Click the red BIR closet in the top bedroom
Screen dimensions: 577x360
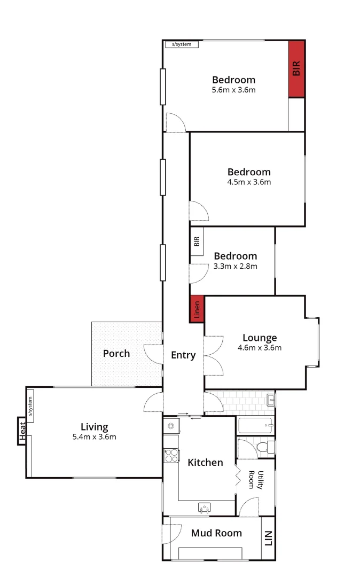(296, 69)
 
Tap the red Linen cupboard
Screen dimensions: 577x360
(197, 309)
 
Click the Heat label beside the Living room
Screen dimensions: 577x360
(22, 431)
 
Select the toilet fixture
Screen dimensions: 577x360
(262, 446)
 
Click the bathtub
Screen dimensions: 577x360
(255, 426)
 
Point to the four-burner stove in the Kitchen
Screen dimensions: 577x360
(171, 455)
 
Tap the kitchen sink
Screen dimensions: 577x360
(204, 508)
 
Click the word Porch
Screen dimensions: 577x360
(116, 353)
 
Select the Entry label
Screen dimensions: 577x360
(183, 355)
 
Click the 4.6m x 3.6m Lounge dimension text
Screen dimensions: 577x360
(260, 348)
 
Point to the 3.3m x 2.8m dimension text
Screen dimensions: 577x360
(236, 266)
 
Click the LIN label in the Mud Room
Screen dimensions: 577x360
(268, 538)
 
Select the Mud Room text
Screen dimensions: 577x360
(216, 533)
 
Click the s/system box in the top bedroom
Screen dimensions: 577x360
(182, 44)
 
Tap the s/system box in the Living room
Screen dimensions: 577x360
(30, 406)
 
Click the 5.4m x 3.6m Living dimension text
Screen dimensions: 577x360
(95, 437)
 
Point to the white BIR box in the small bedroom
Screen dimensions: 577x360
(197, 241)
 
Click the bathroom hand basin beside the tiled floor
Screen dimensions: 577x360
(271, 399)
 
